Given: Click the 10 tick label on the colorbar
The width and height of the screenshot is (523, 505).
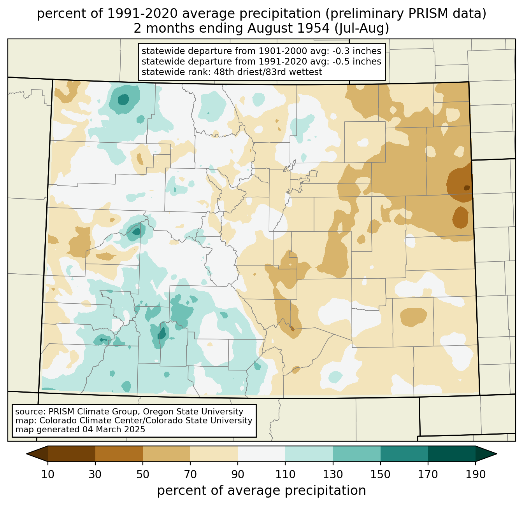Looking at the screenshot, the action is pyautogui.click(x=47, y=474).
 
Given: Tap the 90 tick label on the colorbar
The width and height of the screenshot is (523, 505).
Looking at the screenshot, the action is pyautogui.click(x=238, y=474).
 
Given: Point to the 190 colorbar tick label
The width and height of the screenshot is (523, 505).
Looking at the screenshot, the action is pyautogui.click(x=476, y=474).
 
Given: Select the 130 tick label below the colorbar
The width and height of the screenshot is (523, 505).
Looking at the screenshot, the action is pyautogui.click(x=333, y=474).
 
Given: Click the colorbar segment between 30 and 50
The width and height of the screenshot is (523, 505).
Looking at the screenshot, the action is pyautogui.click(x=119, y=454).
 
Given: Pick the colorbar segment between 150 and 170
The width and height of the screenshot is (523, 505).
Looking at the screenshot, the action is pyautogui.click(x=404, y=454).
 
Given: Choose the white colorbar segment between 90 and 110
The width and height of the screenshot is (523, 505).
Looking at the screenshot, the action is pyautogui.click(x=261, y=454).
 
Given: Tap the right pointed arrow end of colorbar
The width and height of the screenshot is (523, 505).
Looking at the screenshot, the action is pyautogui.click(x=486, y=454).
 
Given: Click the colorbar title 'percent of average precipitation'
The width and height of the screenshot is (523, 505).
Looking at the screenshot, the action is pyautogui.click(x=261, y=490).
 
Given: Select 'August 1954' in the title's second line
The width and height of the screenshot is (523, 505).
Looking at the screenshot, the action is pyautogui.click(x=288, y=28).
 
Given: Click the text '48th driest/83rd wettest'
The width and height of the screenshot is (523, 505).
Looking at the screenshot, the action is pyautogui.click(x=268, y=72).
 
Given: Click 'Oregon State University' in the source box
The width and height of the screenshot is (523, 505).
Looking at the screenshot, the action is pyautogui.click(x=193, y=412).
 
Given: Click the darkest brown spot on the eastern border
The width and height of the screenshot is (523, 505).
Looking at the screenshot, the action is pyautogui.click(x=467, y=188).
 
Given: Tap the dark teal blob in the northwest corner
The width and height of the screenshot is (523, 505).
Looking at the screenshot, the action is pyautogui.click(x=124, y=100).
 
